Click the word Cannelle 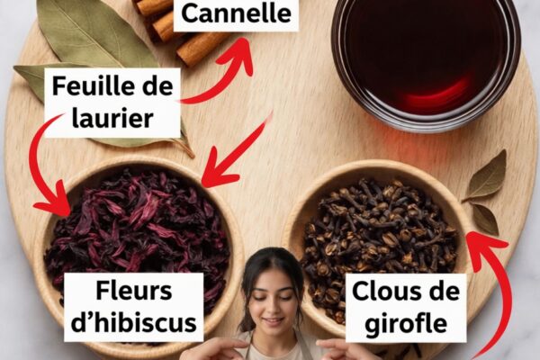236,13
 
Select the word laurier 112,118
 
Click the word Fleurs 133,291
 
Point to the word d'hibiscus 133,322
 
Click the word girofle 406,324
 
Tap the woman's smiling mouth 272,321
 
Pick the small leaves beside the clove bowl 486,193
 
